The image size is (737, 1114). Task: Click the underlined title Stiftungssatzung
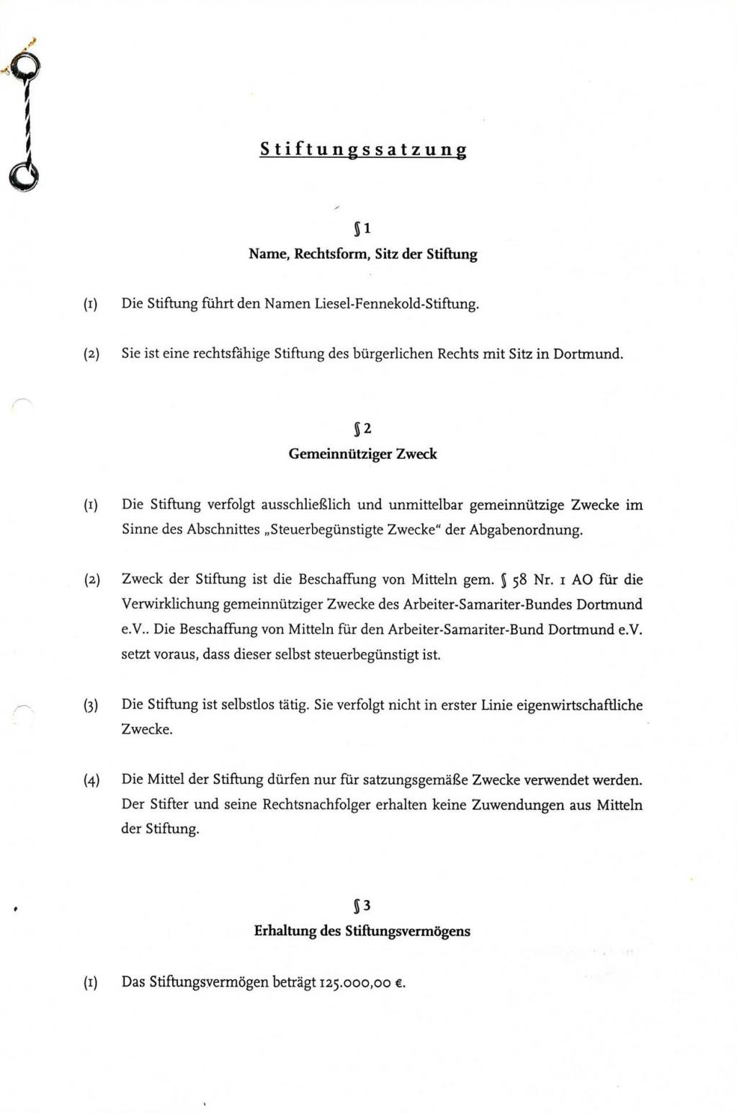363,149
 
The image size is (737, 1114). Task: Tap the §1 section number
363,229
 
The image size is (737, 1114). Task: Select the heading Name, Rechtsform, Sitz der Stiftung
363,254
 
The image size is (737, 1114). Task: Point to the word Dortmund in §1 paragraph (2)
587,354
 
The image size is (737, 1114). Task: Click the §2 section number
363,429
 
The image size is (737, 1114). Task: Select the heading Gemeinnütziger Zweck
363,455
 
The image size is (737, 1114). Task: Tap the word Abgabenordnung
525,530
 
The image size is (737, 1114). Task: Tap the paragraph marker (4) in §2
91,780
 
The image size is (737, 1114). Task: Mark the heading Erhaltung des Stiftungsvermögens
362,931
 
